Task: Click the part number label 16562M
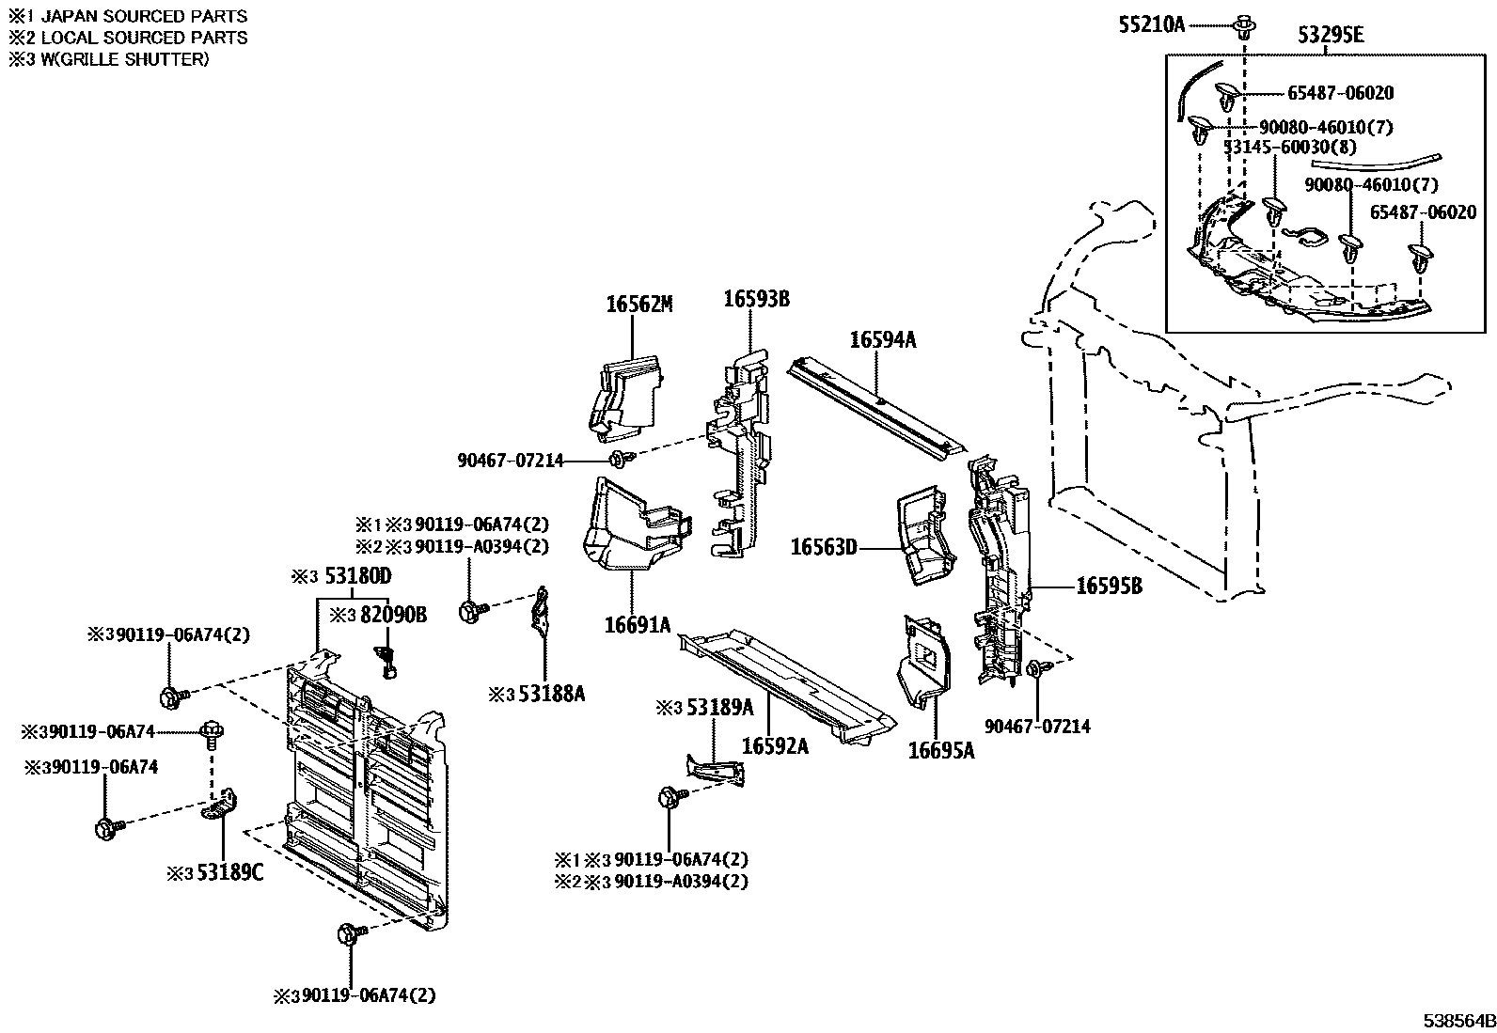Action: pos(639,304)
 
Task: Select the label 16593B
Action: pos(755,299)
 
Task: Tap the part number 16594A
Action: pos(881,339)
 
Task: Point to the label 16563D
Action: pos(823,546)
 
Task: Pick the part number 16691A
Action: pos(638,623)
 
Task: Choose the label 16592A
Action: pos(775,745)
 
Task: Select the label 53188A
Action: pos(548,694)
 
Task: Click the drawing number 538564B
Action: pos(1457,1020)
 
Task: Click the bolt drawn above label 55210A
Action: pos(1243,25)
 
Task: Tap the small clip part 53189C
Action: pos(221,806)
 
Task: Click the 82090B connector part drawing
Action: pos(386,661)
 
